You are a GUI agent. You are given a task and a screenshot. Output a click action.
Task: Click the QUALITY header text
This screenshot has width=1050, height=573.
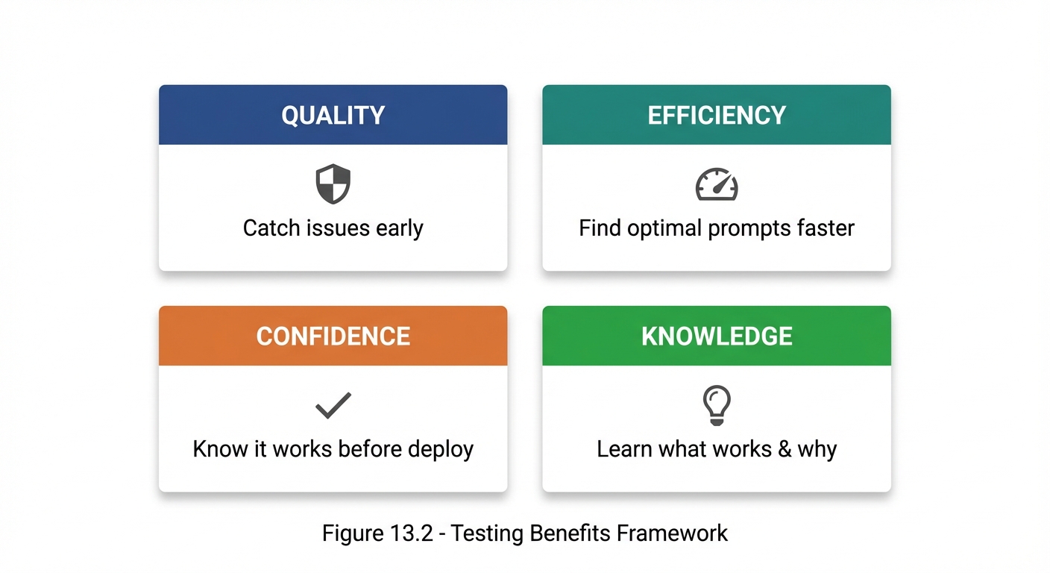tap(333, 115)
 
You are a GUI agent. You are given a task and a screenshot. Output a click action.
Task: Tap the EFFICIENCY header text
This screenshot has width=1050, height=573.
tap(717, 115)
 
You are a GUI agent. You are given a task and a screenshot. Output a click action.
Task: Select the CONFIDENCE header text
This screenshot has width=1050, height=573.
tap(333, 336)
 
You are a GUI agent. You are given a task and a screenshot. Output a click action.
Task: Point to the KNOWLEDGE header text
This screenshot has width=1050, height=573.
tap(717, 336)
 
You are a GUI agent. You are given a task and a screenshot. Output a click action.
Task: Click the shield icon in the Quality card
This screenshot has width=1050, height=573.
tap(333, 184)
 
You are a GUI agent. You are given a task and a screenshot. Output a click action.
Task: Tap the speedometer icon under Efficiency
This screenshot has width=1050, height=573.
tap(717, 184)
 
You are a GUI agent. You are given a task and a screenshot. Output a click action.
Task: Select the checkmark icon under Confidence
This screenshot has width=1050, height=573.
tap(333, 405)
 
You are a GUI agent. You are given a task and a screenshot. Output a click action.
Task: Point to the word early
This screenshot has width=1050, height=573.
tap(400, 228)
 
